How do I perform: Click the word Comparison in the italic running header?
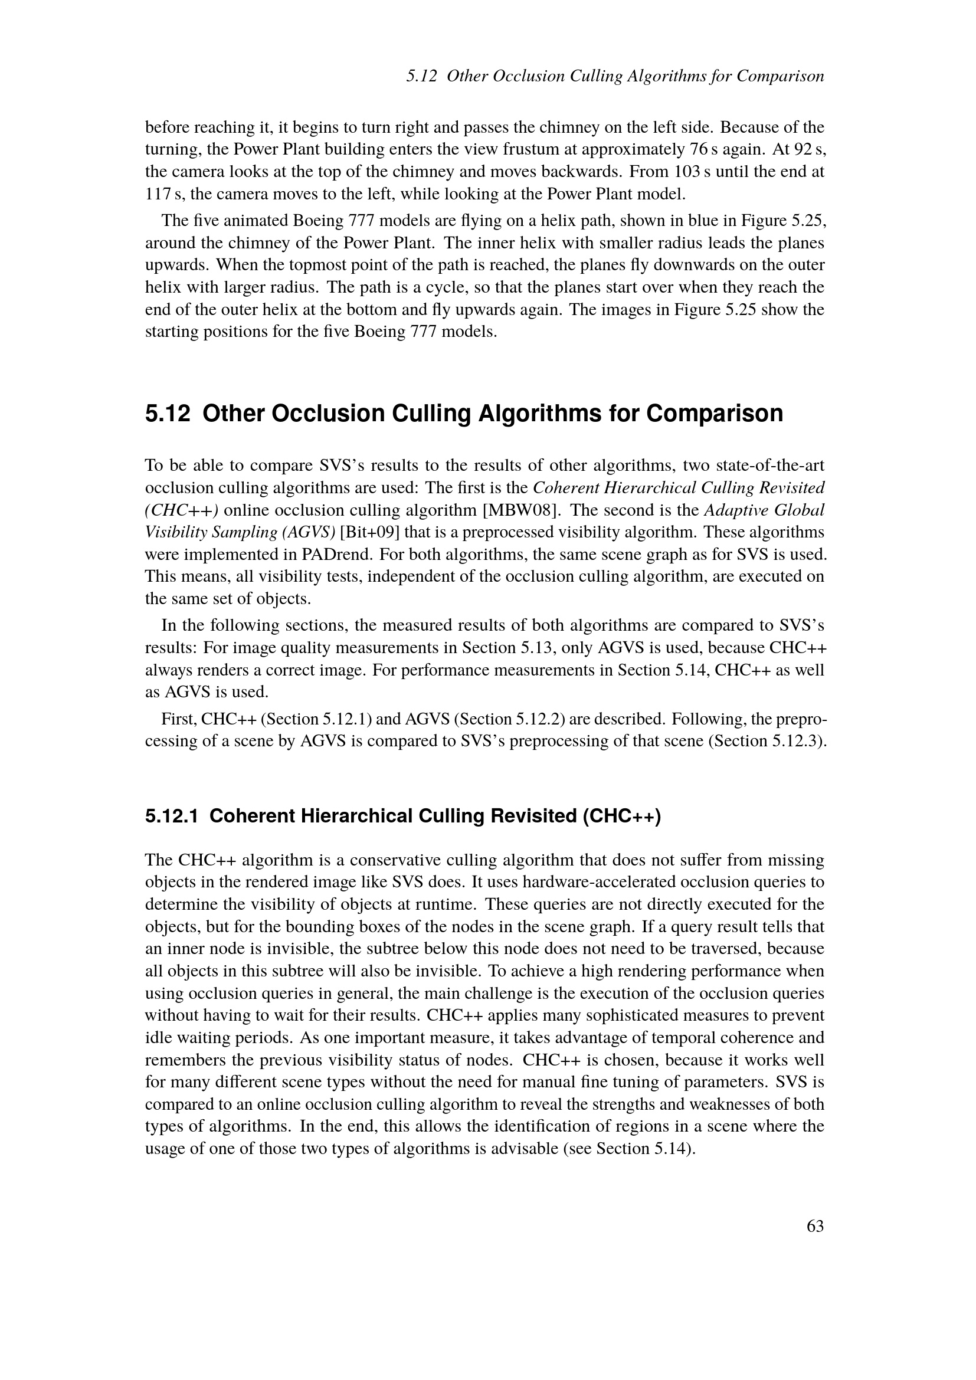click(x=780, y=76)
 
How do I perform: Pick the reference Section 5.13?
click(x=507, y=648)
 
